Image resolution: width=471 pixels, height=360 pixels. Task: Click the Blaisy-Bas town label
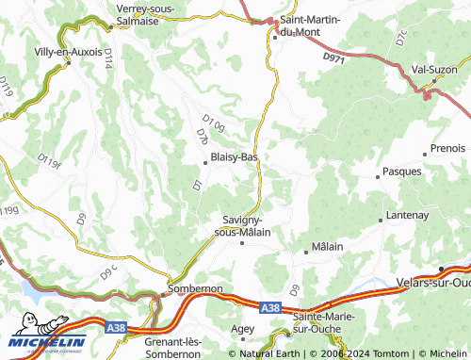point(235,156)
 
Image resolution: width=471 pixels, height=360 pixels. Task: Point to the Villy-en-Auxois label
point(68,52)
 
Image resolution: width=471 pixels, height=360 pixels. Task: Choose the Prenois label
point(447,149)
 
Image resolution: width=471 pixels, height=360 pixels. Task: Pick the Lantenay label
point(408,216)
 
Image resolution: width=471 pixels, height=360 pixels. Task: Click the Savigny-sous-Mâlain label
point(242,224)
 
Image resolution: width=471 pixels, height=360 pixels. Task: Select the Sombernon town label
point(195,288)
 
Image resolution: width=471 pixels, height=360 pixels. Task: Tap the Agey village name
point(242,329)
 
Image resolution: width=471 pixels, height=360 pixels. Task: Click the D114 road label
point(108,61)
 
